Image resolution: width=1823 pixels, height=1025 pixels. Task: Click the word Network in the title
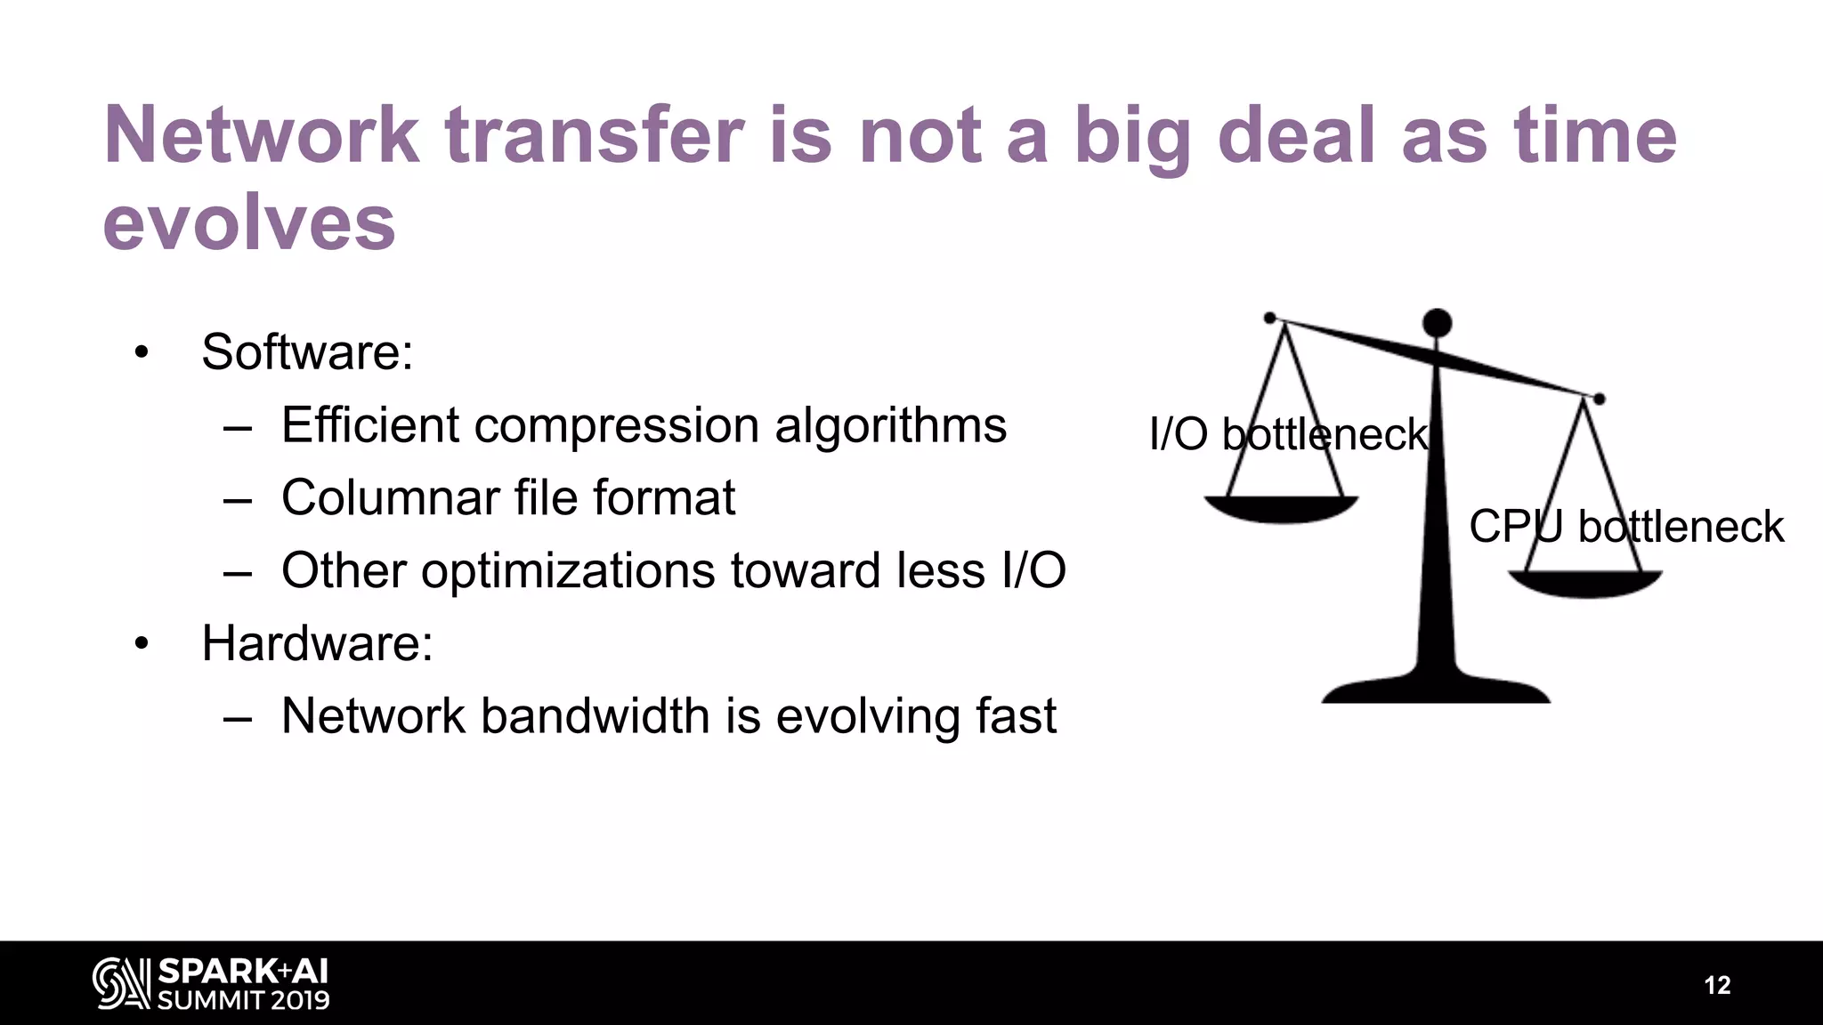pyautogui.click(x=262, y=135)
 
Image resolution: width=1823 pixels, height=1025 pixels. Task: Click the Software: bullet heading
pyautogui.click(x=307, y=352)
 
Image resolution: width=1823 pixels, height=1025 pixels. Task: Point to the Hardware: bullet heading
pyautogui.click(x=317, y=643)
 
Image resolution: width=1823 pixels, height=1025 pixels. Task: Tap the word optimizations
pyautogui.click(x=568, y=570)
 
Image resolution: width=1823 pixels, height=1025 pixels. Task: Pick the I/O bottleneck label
pyautogui.click(x=1288, y=435)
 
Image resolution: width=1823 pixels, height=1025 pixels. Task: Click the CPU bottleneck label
pyautogui.click(x=1625, y=527)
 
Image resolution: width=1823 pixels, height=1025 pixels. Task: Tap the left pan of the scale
pyautogui.click(x=1281, y=509)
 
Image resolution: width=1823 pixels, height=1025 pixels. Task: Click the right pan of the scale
pyautogui.click(x=1584, y=584)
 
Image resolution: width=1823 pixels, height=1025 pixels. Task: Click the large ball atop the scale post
pyautogui.click(x=1437, y=323)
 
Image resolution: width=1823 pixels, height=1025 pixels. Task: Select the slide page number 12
pyautogui.click(x=1717, y=985)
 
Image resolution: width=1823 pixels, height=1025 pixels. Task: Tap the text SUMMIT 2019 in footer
pyautogui.click(x=243, y=1000)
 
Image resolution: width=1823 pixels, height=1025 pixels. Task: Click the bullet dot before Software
pyautogui.click(x=141, y=353)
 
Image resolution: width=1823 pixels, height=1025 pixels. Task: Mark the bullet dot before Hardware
pyautogui.click(x=141, y=644)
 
